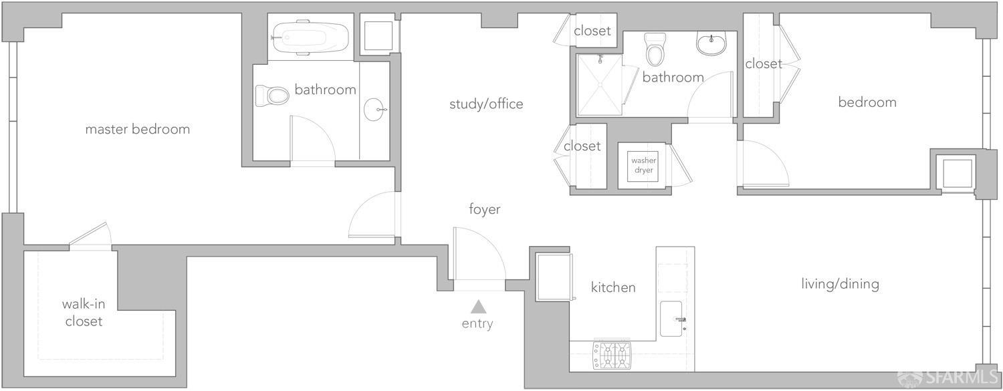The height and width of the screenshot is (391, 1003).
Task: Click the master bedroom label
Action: point(137,129)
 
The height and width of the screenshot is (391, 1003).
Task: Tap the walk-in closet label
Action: point(84,313)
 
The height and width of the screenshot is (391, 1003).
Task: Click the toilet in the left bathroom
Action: point(271,96)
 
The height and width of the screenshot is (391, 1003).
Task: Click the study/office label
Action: point(486,104)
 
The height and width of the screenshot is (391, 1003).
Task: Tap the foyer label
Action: point(484,209)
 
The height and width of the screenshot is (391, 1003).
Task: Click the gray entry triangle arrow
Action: point(477,307)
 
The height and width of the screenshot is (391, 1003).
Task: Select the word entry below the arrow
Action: point(477,324)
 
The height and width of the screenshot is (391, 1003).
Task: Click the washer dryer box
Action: point(643,165)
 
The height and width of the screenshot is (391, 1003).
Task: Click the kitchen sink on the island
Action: point(672,319)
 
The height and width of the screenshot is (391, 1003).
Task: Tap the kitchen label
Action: point(613,287)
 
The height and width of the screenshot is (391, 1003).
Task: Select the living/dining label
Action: point(840,284)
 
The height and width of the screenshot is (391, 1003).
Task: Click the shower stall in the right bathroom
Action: point(599,85)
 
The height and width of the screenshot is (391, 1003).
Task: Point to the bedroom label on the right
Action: point(867,102)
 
